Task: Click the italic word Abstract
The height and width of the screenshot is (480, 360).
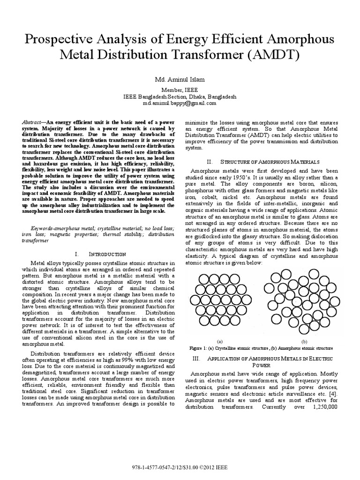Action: tap(32, 121)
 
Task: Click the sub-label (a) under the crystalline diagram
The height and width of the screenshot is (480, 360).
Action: tap(220, 342)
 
